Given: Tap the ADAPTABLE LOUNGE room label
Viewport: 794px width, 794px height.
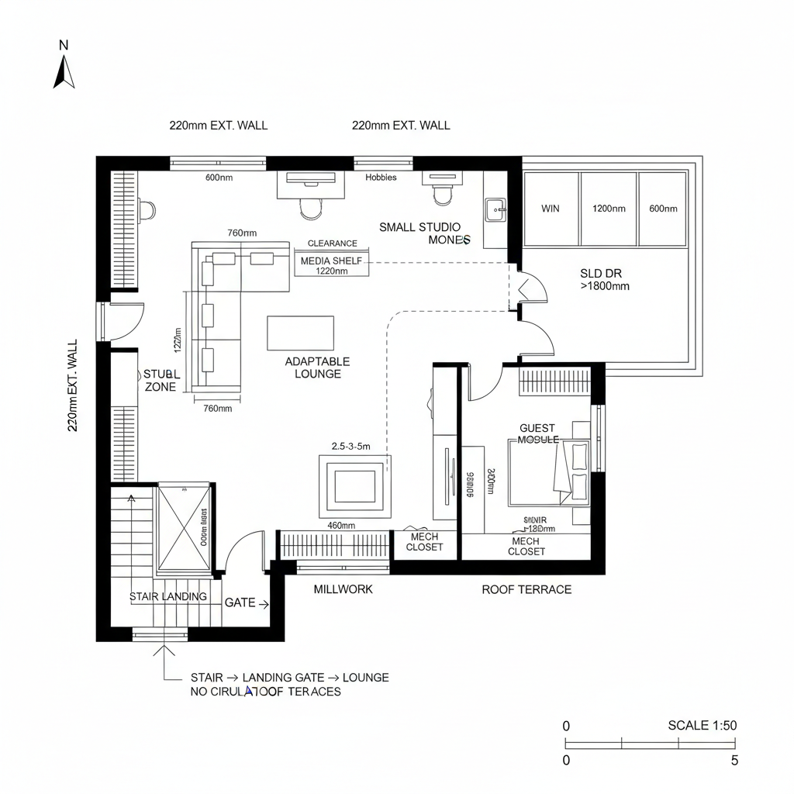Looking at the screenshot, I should click(317, 368).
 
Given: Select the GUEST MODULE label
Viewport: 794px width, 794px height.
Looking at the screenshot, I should click(538, 433).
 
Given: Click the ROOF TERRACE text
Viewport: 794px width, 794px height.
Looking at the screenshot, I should click(526, 589).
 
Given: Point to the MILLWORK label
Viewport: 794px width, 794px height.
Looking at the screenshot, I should click(343, 589).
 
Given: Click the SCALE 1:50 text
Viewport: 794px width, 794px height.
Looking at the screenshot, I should click(702, 726).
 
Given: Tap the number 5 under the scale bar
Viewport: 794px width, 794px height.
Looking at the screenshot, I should click(734, 761).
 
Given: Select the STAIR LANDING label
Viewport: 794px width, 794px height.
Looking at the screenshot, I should click(167, 596).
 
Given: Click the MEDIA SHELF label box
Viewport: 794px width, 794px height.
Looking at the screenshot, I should click(332, 262).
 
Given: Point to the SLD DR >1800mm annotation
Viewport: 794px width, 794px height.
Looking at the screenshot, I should click(604, 279).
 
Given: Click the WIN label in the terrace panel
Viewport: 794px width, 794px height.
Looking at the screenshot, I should click(550, 209).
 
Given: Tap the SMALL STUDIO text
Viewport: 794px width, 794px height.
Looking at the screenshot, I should click(419, 227).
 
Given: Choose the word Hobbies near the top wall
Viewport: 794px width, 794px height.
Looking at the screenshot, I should click(381, 178).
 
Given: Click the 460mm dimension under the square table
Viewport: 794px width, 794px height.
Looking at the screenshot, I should click(341, 526).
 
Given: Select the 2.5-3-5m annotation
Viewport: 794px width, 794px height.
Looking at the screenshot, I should click(350, 446).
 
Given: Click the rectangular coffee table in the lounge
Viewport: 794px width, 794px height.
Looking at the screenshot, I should click(300, 333).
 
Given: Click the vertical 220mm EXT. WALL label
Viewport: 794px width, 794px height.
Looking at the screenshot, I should click(72, 385).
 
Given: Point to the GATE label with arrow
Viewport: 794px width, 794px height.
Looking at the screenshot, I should click(246, 602).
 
